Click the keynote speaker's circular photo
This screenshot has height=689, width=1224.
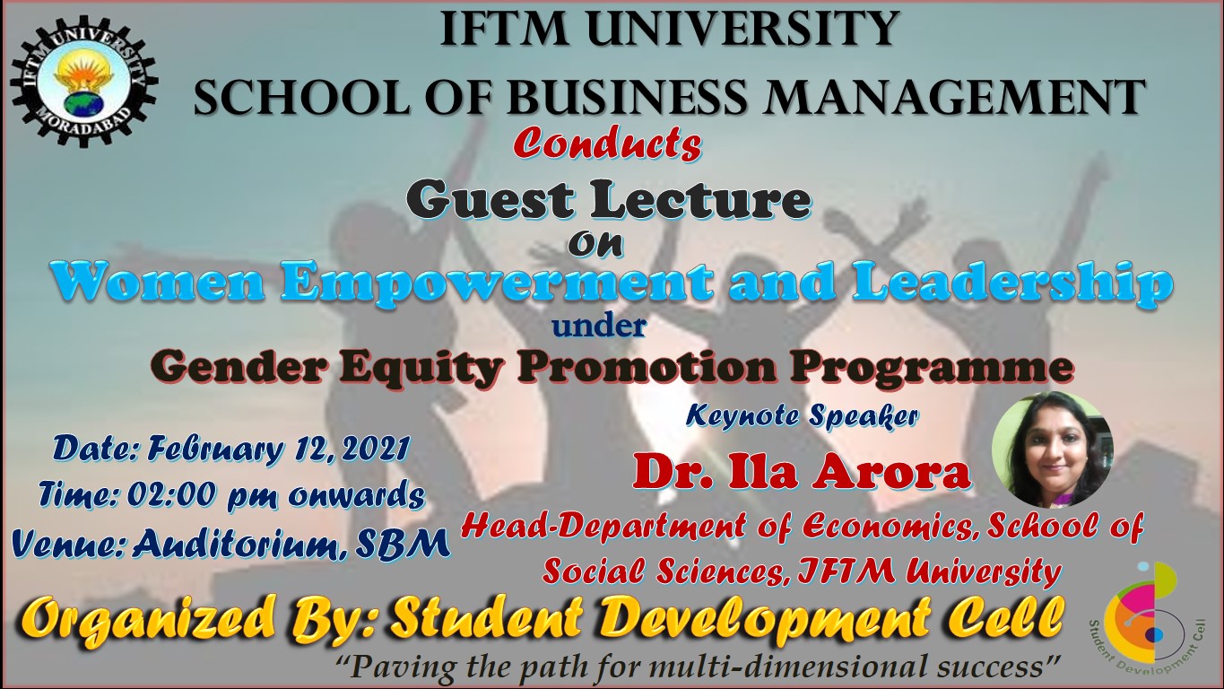coord(1053,450)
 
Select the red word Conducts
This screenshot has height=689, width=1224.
coord(607,145)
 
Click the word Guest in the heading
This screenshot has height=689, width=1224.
coord(490,199)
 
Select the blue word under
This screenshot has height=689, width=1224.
coord(599,327)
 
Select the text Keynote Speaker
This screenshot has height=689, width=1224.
coord(802,416)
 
